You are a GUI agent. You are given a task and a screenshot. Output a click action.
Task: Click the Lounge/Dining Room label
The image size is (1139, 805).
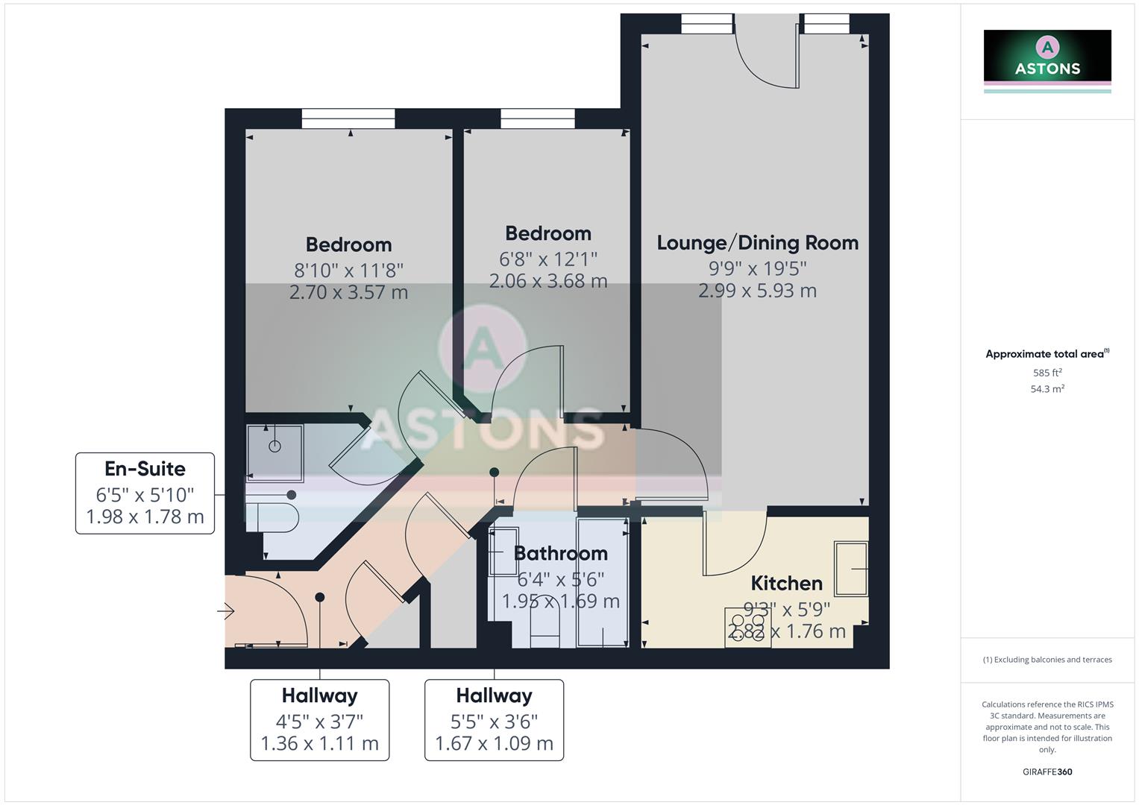[757, 243]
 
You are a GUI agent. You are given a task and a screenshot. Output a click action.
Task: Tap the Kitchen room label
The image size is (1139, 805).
[786, 583]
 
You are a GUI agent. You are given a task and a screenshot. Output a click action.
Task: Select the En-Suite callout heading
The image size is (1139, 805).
[145, 469]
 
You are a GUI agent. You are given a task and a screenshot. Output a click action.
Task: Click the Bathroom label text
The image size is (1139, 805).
[560, 553]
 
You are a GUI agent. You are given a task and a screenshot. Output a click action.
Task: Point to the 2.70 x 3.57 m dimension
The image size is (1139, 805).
[348, 292]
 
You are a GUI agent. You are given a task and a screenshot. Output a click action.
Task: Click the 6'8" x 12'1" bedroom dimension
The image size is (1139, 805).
[548, 259]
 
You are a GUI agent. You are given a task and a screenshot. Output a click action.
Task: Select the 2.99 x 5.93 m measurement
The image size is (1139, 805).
[757, 291]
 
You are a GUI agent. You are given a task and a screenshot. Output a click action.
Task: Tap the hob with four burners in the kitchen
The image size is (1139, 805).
[747, 627]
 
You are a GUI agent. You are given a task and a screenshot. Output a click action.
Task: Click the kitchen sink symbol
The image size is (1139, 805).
[851, 569]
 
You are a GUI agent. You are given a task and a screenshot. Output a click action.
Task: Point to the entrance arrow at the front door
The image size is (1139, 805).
[226, 612]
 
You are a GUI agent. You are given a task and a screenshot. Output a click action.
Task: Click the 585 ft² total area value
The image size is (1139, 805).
[1047, 373]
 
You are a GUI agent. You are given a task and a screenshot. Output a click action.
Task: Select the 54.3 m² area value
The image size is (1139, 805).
[1047, 389]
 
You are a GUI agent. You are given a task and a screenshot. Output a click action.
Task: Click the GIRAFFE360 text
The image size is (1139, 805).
[1047, 772]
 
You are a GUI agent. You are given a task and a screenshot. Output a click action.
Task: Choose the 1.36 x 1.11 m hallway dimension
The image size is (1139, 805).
[319, 744]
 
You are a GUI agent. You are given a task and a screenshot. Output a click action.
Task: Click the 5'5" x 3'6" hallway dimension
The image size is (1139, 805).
[494, 722]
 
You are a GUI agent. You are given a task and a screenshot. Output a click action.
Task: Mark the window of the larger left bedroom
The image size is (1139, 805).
[348, 119]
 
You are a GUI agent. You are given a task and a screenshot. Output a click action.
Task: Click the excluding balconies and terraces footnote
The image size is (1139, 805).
[1047, 660]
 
